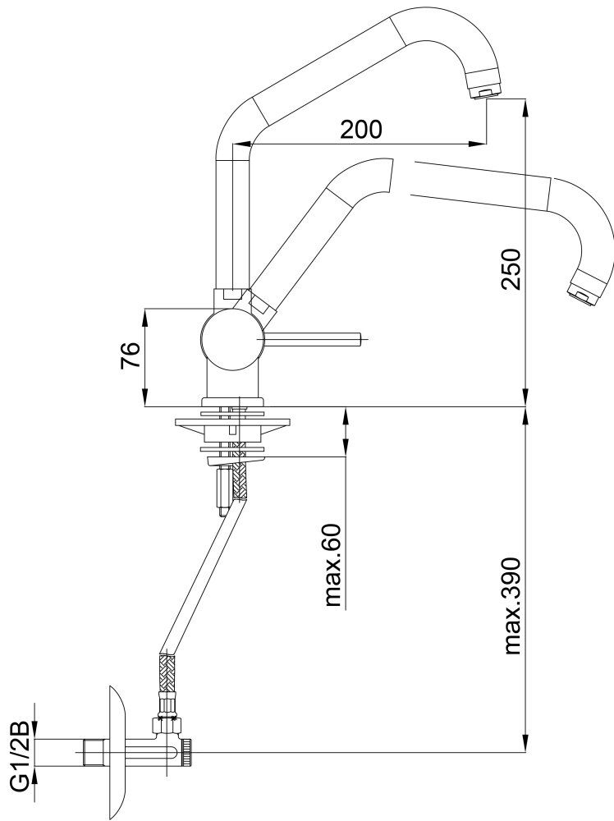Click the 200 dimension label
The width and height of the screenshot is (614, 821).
361,129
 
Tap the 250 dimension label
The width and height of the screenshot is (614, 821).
511,269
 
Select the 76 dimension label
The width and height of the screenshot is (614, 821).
131,355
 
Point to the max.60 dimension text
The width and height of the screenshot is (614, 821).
333,566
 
